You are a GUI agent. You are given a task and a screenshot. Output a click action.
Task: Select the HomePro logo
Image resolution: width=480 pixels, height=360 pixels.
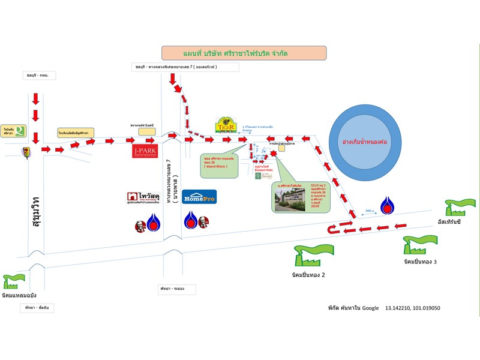(x=199, y=197)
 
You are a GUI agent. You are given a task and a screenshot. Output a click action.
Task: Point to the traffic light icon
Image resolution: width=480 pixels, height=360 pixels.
(x=26, y=151)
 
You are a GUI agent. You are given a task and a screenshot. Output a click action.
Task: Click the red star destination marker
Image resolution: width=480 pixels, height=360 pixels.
(x=274, y=154)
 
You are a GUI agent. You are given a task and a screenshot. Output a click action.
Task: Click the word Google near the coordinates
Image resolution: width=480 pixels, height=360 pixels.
(x=369, y=308)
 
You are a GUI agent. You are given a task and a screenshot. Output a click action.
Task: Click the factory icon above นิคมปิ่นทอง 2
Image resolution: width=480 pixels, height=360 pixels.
(x=305, y=255)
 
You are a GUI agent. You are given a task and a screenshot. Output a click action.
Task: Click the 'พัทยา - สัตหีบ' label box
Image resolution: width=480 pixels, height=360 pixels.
(x=37, y=307)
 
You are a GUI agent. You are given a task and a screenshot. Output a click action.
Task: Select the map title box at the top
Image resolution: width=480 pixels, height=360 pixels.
(x=244, y=53)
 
